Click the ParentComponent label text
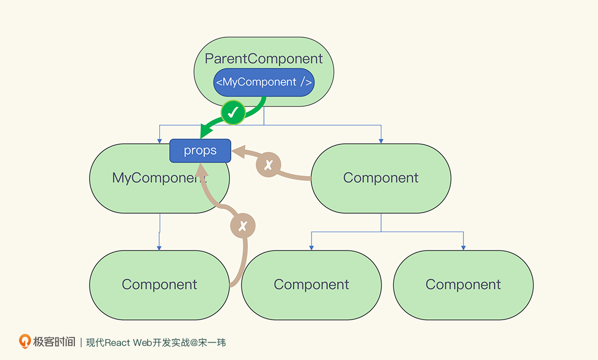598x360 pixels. click(x=263, y=59)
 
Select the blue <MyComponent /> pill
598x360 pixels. click(x=264, y=82)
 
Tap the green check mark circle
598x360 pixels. click(x=233, y=112)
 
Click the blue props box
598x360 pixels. click(x=200, y=151)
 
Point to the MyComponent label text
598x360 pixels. click(x=159, y=178)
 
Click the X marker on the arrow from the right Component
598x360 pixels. click(x=269, y=165)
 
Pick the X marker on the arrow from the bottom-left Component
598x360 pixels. click(x=242, y=226)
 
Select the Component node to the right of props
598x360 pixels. click(x=381, y=178)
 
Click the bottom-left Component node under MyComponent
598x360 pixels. click(x=159, y=285)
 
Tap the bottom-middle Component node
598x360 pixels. click(x=311, y=285)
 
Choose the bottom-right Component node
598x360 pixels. click(x=463, y=285)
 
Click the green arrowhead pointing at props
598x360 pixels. click(x=206, y=131)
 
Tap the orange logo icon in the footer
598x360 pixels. click(x=25, y=341)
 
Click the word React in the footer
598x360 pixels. click(x=117, y=343)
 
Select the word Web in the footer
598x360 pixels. click(x=142, y=343)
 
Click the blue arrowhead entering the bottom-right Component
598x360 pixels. click(x=463, y=248)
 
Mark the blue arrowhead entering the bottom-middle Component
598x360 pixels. click(x=312, y=248)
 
